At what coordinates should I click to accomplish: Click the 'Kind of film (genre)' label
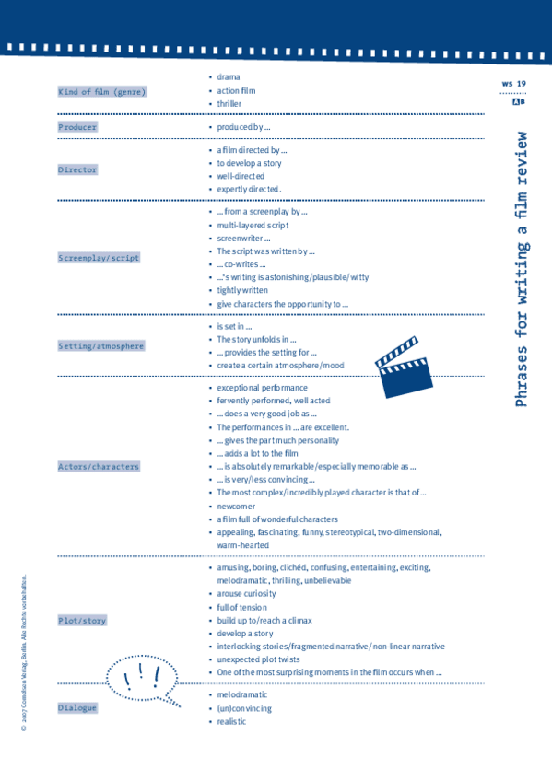coord(102,92)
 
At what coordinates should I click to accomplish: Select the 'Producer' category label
coord(77,127)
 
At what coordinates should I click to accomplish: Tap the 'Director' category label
coord(77,170)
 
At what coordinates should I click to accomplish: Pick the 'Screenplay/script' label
coord(99,259)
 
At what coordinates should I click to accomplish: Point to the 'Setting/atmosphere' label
coord(101,346)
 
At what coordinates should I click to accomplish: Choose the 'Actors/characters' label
coord(99,467)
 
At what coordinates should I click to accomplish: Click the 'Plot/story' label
coord(82,622)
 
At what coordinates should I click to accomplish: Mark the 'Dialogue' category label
coord(77,708)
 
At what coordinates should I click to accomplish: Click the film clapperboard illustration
coord(404,367)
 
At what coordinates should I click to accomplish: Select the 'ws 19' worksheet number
coord(513,84)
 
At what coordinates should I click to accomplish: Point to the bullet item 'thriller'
coord(229,104)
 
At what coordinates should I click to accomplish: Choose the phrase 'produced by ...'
coord(243,127)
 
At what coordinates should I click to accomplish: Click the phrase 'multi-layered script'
coord(253,225)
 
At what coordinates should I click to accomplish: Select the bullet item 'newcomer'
coord(238,507)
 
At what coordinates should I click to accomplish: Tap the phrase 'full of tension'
coord(241,608)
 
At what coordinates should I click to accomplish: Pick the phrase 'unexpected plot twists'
coord(262,660)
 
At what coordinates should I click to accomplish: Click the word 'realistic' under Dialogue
coord(231,722)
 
